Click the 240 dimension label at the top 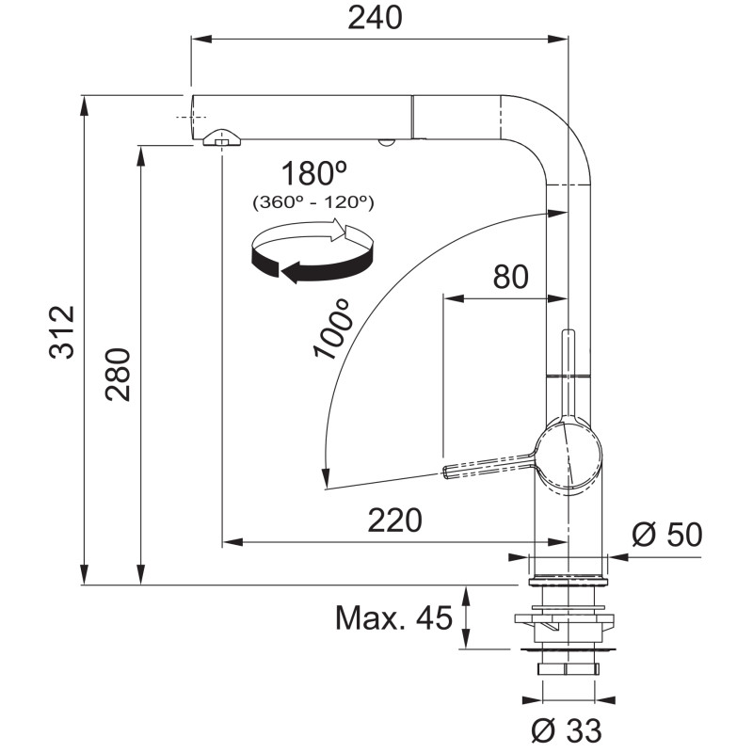pos(375,19)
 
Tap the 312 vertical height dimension pos(62,332)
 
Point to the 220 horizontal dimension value pos(394,521)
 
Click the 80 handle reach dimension pos(510,277)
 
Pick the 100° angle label pos(331,328)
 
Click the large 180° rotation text pos(314,173)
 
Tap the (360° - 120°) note pos(313,202)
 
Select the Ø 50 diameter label pos(666,534)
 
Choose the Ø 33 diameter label pos(567,730)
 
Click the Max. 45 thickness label pos(393,617)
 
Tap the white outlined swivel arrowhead pos(356,234)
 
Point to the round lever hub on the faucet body pos(569,456)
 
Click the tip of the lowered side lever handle pos(444,472)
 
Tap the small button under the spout pos(386,143)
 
